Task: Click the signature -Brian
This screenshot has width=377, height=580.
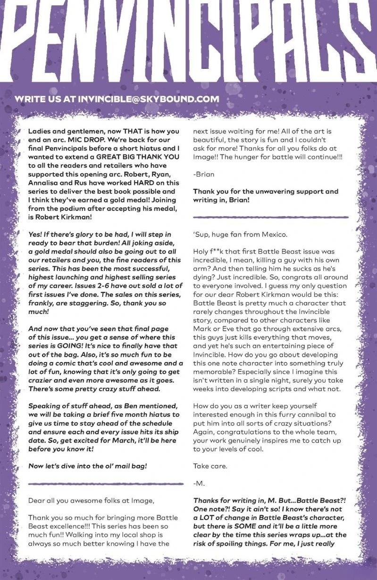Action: pos(204,174)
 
